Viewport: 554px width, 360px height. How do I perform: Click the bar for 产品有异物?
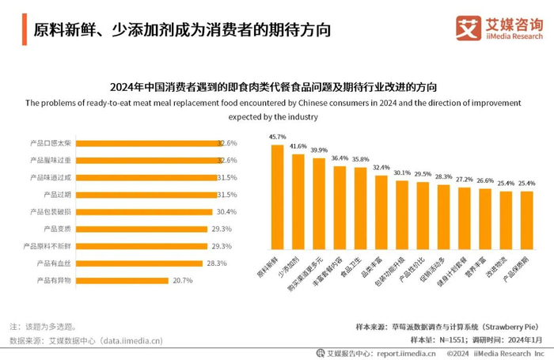[123, 280]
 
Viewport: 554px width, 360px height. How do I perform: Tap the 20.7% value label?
[181, 280]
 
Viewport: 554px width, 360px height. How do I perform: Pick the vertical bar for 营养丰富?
[485, 229]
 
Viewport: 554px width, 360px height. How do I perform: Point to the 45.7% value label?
[277, 137]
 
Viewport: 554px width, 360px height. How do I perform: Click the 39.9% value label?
[319, 150]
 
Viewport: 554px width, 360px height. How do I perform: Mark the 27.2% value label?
[465, 180]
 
